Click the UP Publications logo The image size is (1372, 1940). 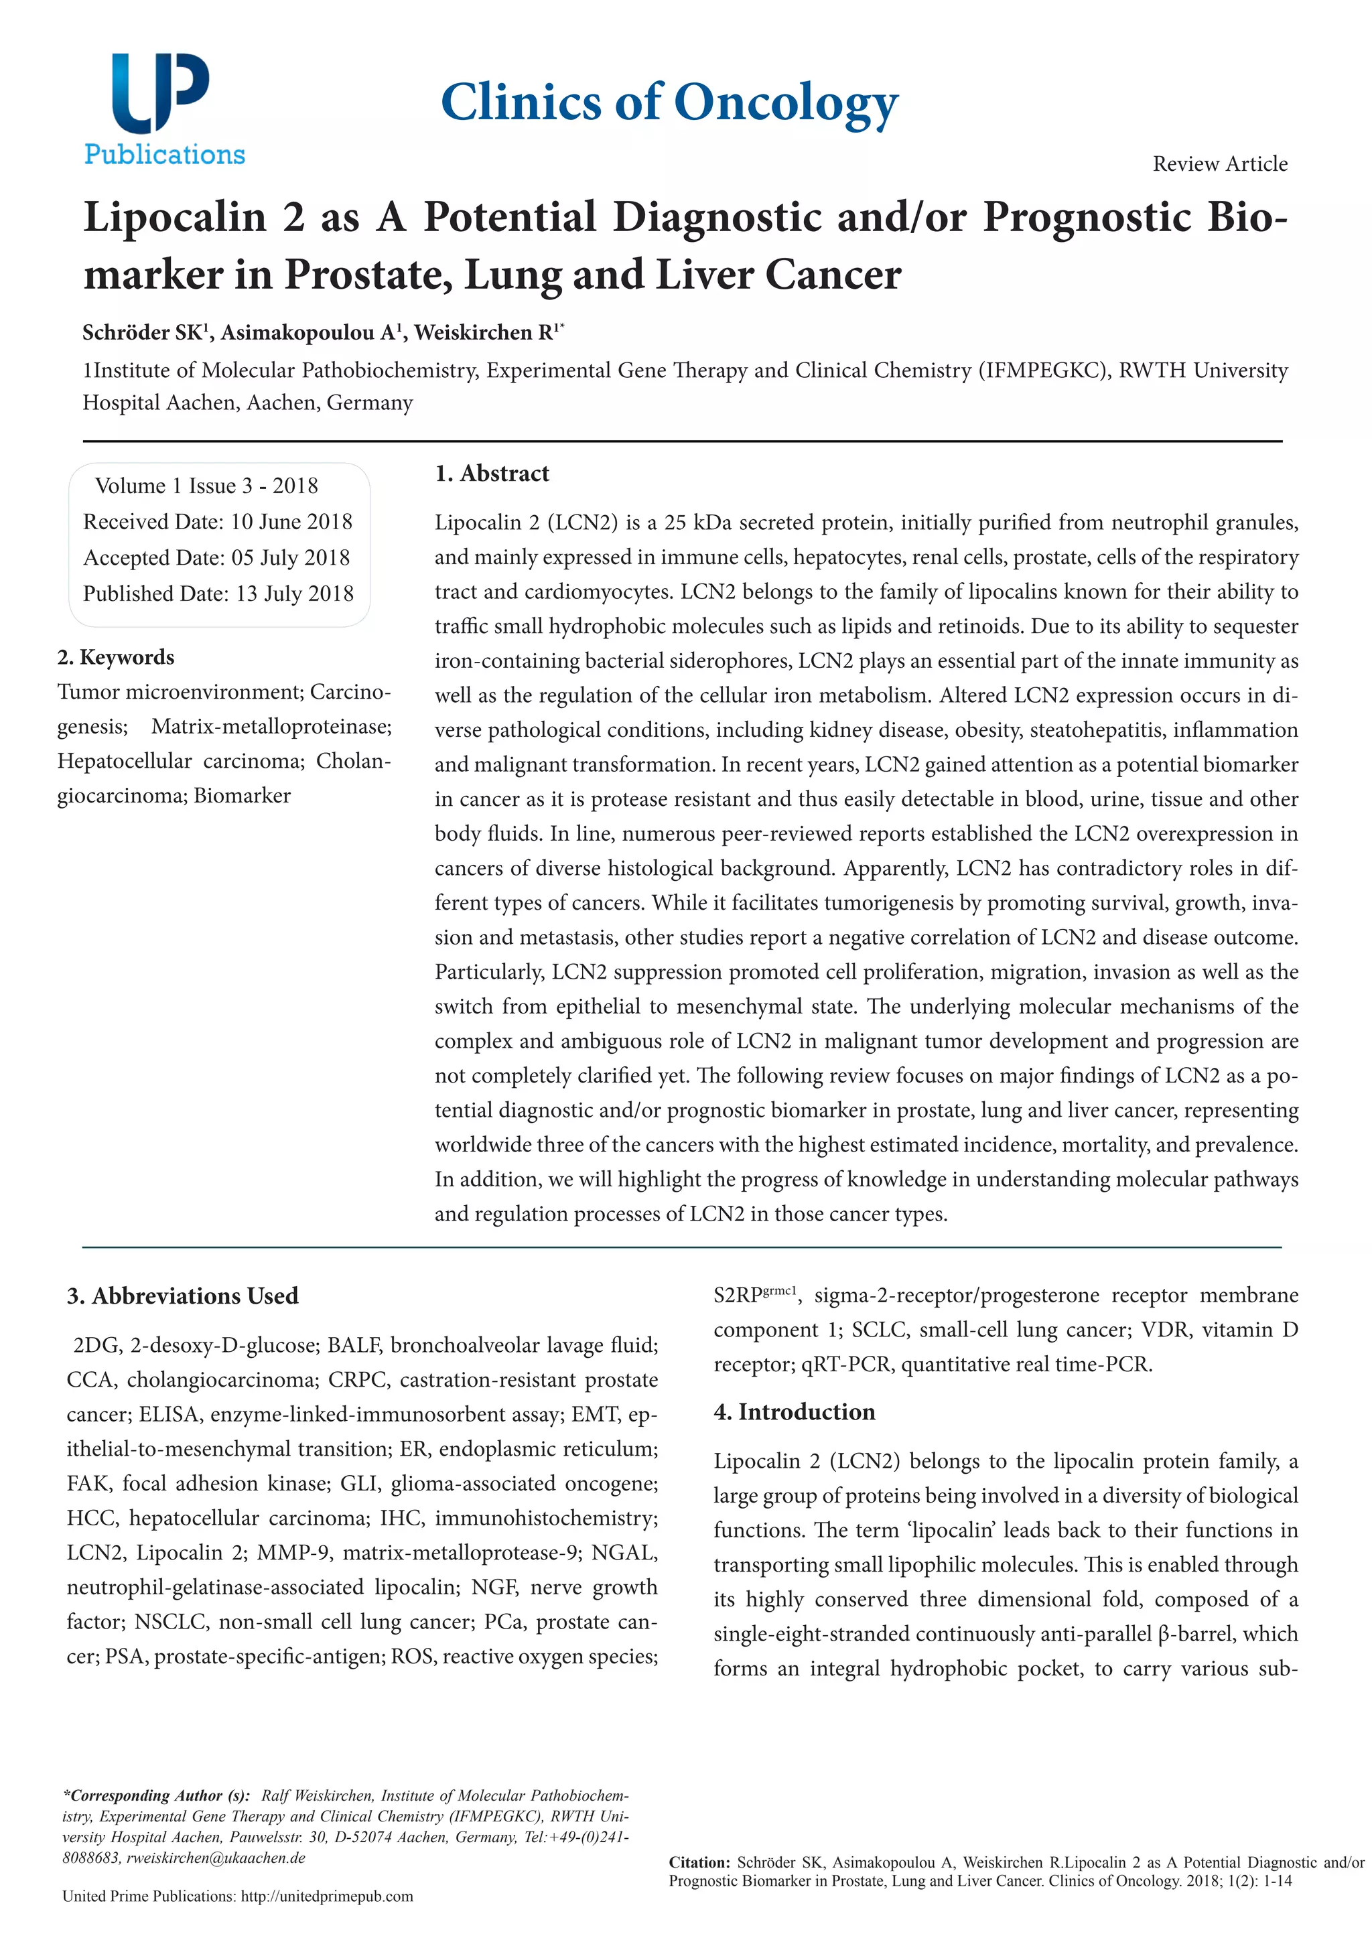click(x=164, y=108)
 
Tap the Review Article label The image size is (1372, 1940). click(x=1219, y=164)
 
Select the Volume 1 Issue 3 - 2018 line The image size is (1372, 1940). click(x=206, y=486)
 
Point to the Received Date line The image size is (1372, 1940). click(x=217, y=521)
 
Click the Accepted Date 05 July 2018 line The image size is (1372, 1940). click(x=216, y=557)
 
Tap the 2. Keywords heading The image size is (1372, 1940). click(x=116, y=657)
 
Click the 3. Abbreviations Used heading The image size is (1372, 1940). click(x=182, y=1296)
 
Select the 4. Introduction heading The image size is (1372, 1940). click(x=794, y=1412)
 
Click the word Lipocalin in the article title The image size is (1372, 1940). click(x=175, y=217)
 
